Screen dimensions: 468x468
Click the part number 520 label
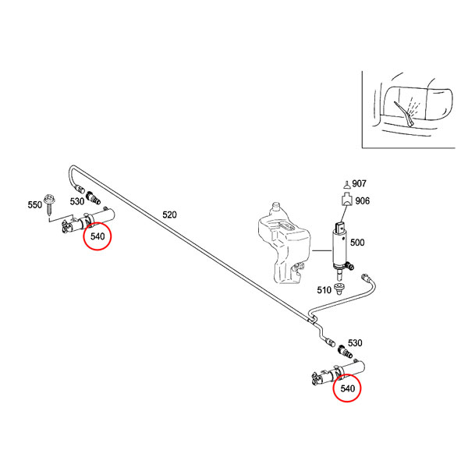pos(169,214)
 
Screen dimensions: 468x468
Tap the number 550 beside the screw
pos(35,204)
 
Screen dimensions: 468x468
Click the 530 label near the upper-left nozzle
pos(77,201)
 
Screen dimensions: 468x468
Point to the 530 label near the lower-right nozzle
pos(355,343)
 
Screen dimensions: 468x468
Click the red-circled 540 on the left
pos(97,236)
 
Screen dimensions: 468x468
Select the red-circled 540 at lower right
pos(347,388)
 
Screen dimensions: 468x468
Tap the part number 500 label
pos(357,243)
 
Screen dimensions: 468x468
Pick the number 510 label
pos(324,290)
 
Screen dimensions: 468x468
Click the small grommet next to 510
pos(339,289)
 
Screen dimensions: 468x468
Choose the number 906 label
pos(363,201)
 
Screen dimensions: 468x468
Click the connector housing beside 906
pos(347,200)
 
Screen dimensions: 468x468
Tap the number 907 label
pos(359,183)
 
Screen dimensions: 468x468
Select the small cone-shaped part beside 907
pos(346,185)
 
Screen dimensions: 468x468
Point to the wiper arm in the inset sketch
pos(404,114)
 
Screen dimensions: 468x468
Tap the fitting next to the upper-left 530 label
pos(93,198)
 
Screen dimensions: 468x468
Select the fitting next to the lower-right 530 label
pos(345,351)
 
